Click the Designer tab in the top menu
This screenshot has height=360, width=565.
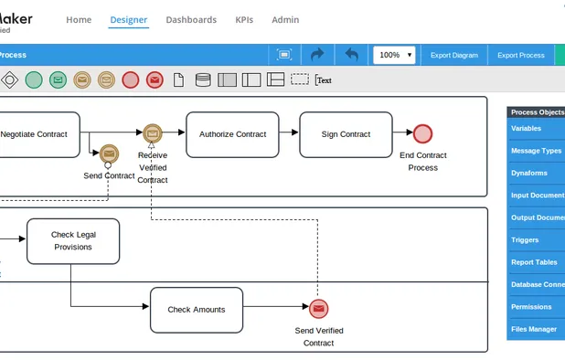coord(128,19)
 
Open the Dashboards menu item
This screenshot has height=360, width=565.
coord(191,19)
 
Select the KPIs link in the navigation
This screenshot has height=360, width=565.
coord(244,19)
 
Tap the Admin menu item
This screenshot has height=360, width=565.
coord(285,19)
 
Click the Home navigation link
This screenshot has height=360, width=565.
coord(79,19)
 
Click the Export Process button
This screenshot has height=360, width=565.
coord(520,55)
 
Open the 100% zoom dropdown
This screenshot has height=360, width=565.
coord(395,55)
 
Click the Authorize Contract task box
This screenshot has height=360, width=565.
coord(232,134)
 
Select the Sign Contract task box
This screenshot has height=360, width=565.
coord(346,134)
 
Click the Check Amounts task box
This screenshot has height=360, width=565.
coord(196,310)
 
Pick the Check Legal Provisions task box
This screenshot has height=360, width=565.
coord(73,241)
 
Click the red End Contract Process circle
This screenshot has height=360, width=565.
coord(422,134)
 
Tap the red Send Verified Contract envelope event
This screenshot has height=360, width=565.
coord(318,309)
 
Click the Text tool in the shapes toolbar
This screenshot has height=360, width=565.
coord(324,80)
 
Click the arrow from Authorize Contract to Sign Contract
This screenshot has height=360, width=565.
coord(288,133)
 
